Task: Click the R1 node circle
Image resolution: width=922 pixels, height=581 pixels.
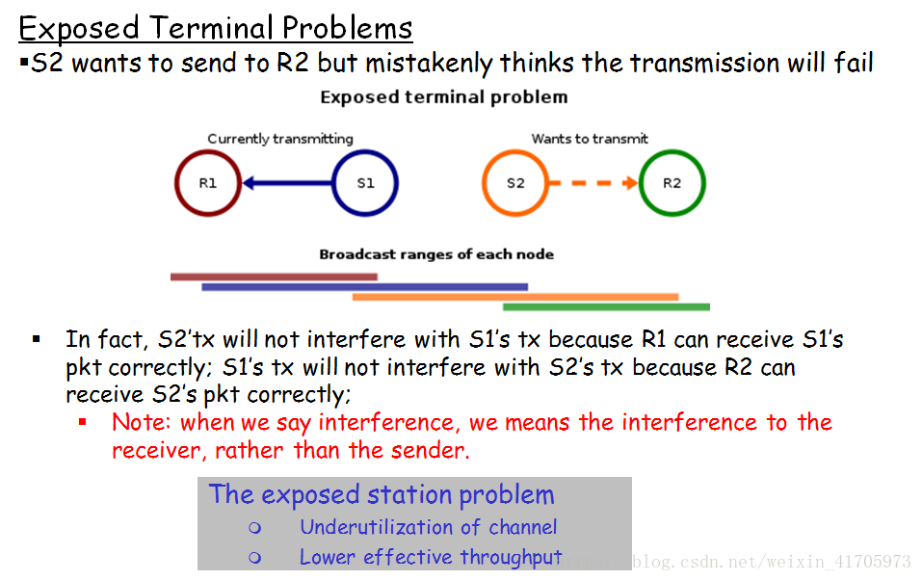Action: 176,183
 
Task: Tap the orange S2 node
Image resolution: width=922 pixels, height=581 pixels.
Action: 485,183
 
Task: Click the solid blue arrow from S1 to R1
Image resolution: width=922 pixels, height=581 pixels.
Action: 287,183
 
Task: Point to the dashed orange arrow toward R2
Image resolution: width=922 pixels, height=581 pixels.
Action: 593,183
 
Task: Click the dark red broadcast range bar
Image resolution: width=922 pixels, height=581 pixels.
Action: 274,277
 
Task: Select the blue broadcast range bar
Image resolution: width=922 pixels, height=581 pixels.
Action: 364,287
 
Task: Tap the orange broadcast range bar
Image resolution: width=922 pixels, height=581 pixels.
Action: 515,297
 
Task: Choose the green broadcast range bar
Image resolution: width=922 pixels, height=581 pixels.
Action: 606,307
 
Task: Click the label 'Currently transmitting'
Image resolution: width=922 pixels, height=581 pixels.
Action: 280,139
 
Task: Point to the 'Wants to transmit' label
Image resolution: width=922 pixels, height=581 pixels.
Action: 590,139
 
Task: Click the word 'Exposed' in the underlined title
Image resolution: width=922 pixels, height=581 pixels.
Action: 79,29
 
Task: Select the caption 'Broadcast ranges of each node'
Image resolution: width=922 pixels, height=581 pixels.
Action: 436,254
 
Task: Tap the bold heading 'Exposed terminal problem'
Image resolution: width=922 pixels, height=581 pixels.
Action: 444,97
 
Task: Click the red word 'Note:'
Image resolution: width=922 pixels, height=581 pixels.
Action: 141,422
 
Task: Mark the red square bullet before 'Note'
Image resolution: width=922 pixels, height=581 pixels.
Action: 82,422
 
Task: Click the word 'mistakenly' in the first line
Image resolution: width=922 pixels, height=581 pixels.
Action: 429,64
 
